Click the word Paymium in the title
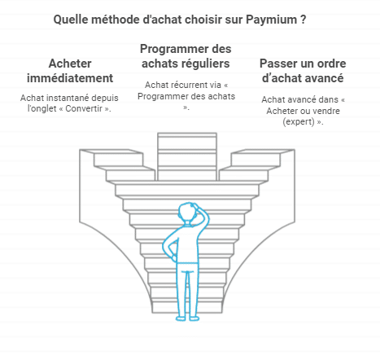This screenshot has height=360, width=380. pyautogui.click(x=271, y=20)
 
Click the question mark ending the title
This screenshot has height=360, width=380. pyautogui.click(x=304, y=20)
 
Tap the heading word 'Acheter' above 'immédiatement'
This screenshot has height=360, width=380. pyautogui.click(x=70, y=64)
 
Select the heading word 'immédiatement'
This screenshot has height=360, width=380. pyautogui.click(x=70, y=78)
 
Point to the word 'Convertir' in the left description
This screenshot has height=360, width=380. pyautogui.click(x=84, y=108)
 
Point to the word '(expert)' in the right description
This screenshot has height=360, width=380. pyautogui.click(x=299, y=121)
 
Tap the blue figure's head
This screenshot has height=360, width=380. pyautogui.click(x=188, y=213)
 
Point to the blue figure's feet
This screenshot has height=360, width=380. pyautogui.click(x=187, y=318)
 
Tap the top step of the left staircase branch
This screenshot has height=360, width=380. pyautogui.click(x=111, y=151)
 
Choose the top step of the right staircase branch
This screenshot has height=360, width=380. pyautogui.click(x=263, y=151)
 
